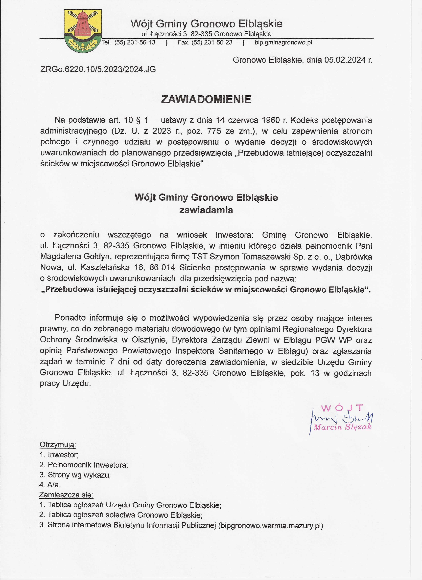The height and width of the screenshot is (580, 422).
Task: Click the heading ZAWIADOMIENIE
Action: point(206,100)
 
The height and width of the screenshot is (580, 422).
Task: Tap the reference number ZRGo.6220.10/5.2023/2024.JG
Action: point(98,69)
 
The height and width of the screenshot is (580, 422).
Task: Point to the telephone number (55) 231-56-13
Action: point(135,43)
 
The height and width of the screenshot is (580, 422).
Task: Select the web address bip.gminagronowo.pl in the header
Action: point(283,43)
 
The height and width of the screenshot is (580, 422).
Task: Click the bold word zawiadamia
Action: point(206,210)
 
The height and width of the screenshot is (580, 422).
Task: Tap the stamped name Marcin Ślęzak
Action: point(342,427)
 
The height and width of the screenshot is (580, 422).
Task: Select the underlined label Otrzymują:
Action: point(58,445)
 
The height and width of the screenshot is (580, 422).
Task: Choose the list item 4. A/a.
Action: point(50,485)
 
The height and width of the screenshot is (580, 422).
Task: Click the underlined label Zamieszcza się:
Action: point(66,495)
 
